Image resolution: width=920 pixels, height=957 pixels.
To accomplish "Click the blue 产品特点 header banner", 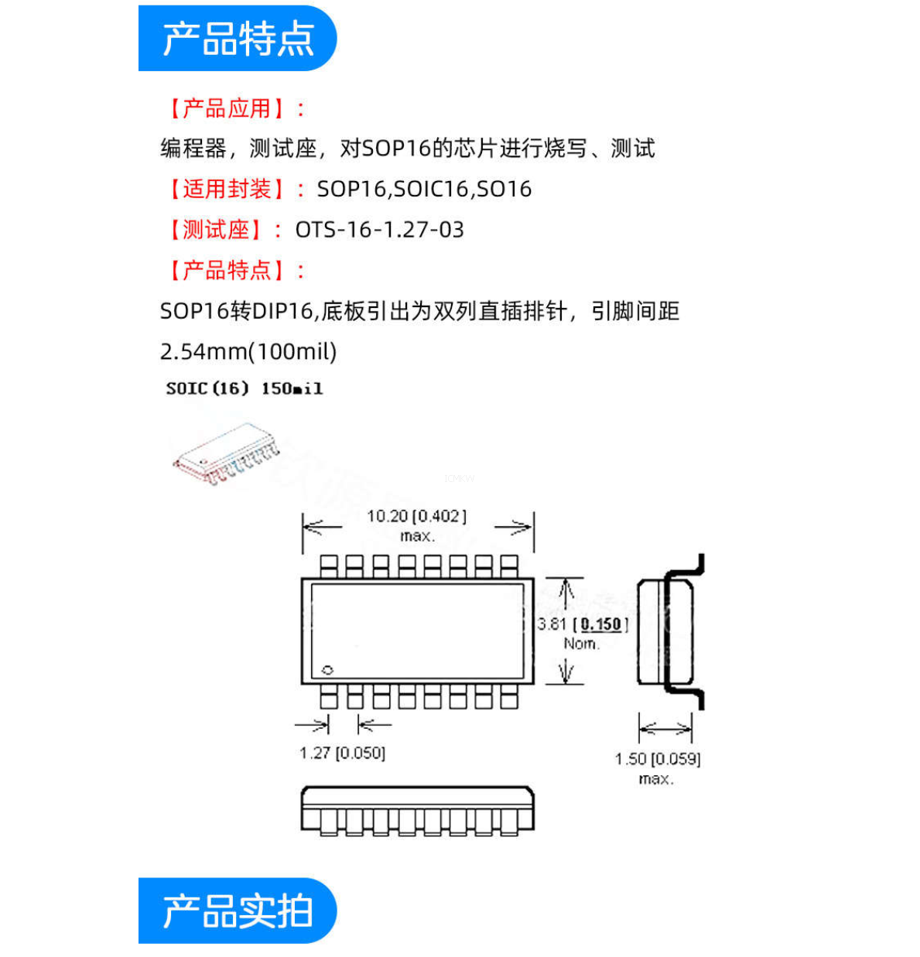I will click(238, 39).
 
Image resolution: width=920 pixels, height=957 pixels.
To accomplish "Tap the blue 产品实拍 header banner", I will click(238, 911).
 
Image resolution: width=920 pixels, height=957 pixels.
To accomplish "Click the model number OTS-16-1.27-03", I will click(379, 230).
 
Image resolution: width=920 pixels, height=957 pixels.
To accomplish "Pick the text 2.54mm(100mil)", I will click(248, 352).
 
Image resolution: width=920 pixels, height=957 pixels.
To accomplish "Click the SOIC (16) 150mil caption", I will click(244, 388).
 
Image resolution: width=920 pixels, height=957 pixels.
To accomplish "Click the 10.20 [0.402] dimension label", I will click(416, 516).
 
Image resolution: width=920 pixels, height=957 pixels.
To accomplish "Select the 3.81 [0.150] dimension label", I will click(583, 624).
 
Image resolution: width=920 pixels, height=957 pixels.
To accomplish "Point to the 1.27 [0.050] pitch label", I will click(342, 753).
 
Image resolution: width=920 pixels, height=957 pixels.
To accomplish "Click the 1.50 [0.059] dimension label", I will click(658, 759).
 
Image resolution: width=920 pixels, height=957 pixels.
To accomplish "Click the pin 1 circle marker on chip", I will click(327, 670).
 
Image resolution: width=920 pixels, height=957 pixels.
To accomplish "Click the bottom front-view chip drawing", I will click(417, 811).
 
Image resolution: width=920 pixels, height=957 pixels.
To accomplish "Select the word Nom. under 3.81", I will click(581, 644).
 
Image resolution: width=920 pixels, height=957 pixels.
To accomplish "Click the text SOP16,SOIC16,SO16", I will click(424, 189).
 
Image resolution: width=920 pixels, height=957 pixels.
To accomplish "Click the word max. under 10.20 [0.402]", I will click(417, 535).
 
